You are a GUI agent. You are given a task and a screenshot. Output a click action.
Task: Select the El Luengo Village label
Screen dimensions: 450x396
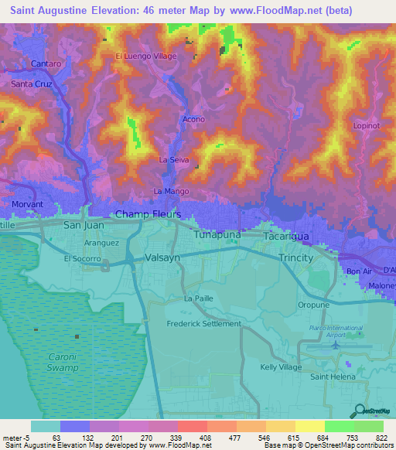(146, 56)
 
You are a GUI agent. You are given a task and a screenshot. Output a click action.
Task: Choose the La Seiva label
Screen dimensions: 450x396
(174, 159)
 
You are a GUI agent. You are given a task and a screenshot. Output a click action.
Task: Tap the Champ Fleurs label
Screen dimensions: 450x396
(148, 213)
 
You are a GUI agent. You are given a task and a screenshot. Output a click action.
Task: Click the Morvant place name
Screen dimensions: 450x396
(28, 204)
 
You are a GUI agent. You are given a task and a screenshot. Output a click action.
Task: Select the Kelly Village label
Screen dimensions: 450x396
(281, 367)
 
